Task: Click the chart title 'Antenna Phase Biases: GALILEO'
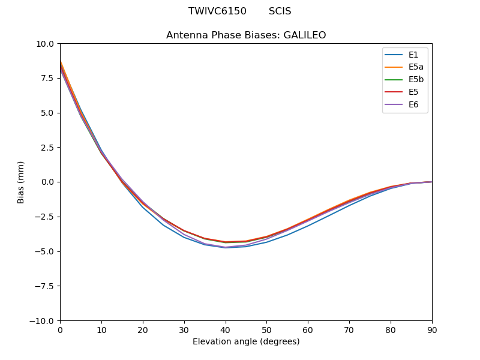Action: (246, 35)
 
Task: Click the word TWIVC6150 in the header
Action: (217, 11)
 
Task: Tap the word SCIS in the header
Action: (280, 11)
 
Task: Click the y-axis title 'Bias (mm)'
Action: (21, 182)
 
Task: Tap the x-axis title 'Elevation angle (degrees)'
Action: (246, 342)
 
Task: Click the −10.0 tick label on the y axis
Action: (43, 320)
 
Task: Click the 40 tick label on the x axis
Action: (225, 330)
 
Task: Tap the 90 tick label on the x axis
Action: (432, 330)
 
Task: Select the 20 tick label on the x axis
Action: (143, 330)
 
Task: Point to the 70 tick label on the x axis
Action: (349, 330)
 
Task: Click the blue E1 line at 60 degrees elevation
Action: (308, 225)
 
